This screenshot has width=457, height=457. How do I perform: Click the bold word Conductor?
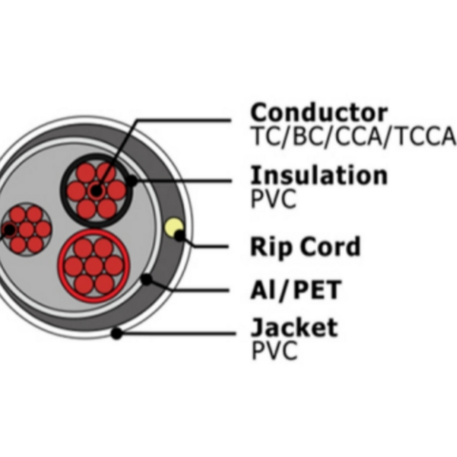[319, 112]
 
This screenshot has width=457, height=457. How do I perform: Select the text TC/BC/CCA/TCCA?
[353, 136]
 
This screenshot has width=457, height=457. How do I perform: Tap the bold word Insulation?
[319, 174]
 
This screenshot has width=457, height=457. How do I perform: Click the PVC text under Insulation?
[273, 198]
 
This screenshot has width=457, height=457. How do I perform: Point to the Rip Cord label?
[306, 246]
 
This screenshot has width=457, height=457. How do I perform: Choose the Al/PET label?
[296, 289]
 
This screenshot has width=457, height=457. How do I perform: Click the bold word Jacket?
[294, 328]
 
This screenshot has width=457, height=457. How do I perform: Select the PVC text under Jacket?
[274, 350]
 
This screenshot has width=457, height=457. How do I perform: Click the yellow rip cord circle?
[173, 228]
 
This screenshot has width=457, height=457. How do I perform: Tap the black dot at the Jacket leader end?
[117, 333]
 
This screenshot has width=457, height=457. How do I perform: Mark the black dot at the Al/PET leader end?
[147, 279]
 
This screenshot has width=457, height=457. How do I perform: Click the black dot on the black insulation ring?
[130, 181]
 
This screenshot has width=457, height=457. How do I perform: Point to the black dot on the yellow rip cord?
[180, 236]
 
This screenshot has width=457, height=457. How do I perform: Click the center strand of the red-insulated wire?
[94, 266]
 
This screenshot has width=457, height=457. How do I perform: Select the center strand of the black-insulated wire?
[96, 191]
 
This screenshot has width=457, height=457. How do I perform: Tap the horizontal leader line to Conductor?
[184, 120]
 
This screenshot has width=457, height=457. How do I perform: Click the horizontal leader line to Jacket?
[178, 333]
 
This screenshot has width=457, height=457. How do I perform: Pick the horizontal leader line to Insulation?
[184, 181]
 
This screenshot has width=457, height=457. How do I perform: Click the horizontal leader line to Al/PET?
[201, 290]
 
